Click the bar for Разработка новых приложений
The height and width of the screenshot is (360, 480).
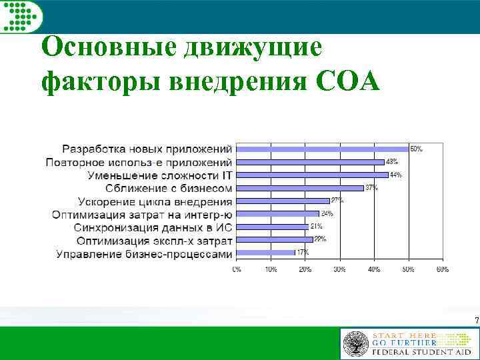click(323, 149)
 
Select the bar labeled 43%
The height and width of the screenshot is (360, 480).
click(311, 162)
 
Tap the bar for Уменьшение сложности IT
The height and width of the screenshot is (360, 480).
click(313, 175)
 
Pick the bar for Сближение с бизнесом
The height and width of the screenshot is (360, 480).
click(300, 188)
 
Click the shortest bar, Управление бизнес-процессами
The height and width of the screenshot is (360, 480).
click(266, 253)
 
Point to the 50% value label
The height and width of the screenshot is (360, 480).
click(415, 149)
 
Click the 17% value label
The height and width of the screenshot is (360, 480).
click(302, 252)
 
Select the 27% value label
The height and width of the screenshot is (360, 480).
click(337, 200)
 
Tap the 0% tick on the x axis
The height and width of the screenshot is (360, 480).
click(237, 269)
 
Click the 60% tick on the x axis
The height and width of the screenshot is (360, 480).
click(442, 269)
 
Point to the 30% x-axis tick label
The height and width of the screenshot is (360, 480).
click(339, 269)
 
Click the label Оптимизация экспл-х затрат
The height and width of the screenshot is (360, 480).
click(154, 240)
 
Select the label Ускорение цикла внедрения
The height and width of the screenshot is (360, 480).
click(155, 201)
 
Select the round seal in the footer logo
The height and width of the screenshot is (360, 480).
click(355, 343)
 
